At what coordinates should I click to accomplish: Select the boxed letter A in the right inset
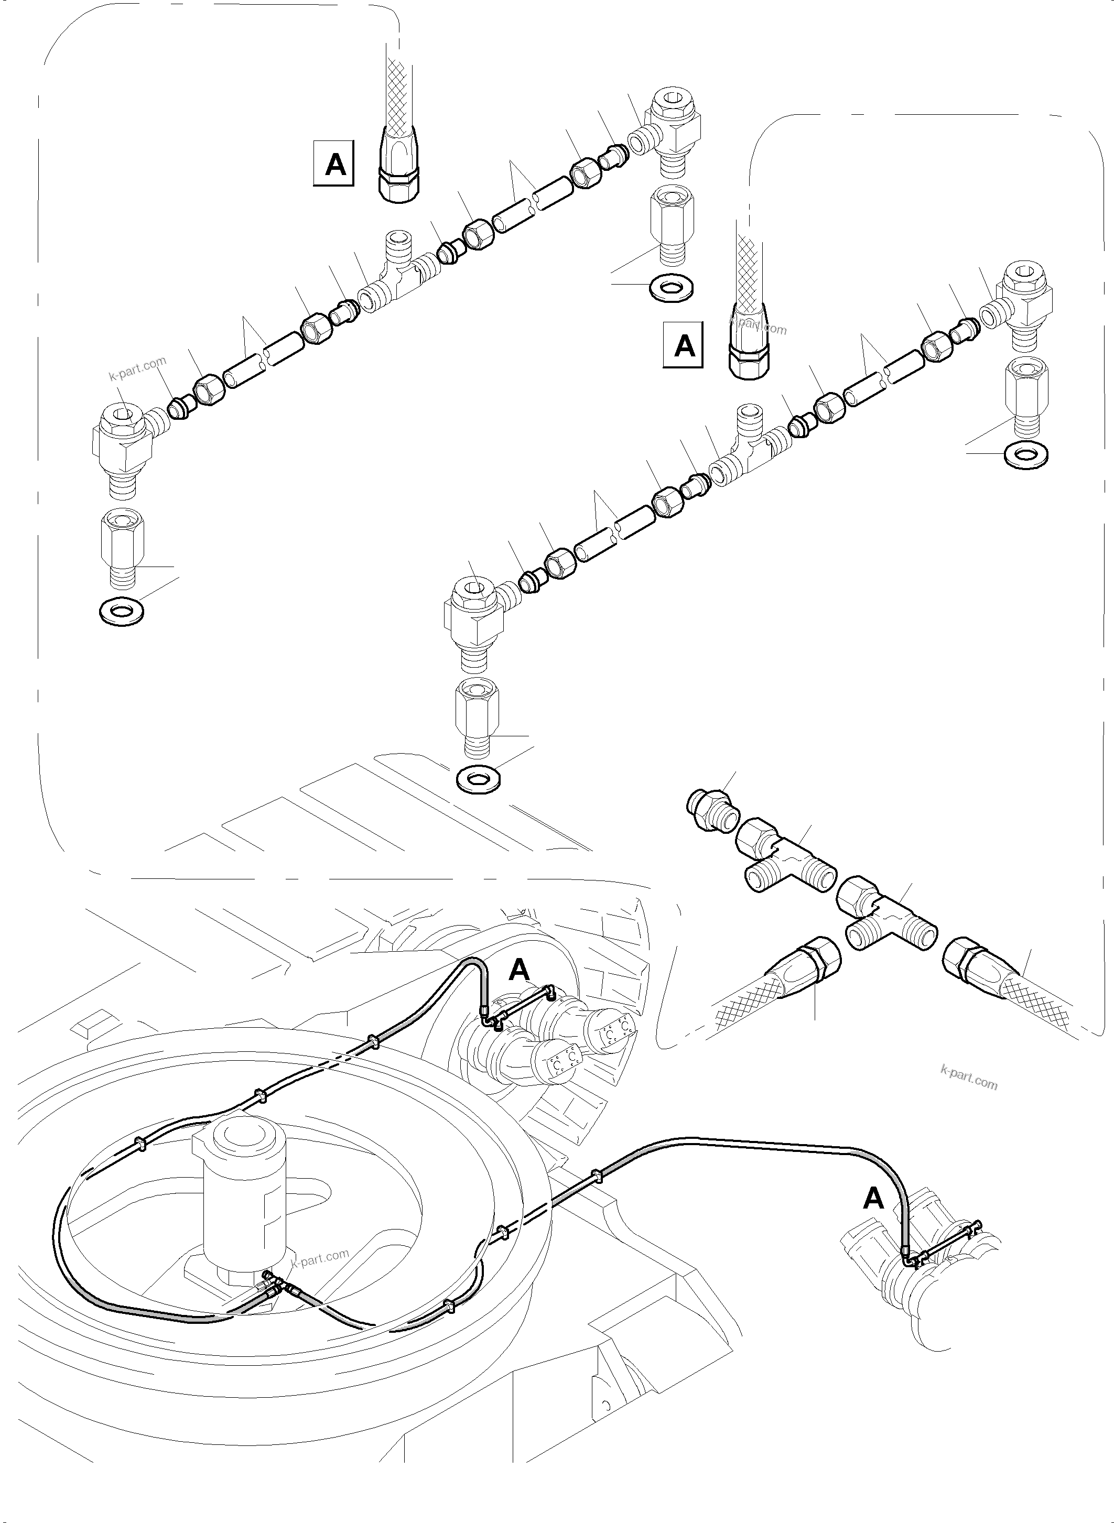click(x=684, y=346)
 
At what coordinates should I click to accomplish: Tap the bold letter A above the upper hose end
click(x=519, y=970)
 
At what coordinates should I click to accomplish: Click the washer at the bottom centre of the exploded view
click(x=478, y=780)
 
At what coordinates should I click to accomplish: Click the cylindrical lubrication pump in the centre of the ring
click(x=241, y=1200)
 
